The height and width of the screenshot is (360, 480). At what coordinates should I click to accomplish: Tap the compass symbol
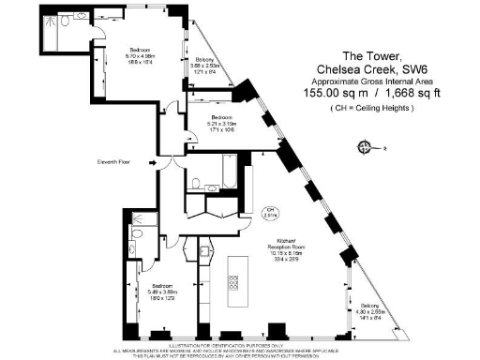(364, 145)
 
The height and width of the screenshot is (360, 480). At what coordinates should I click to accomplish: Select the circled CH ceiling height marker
(268, 211)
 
